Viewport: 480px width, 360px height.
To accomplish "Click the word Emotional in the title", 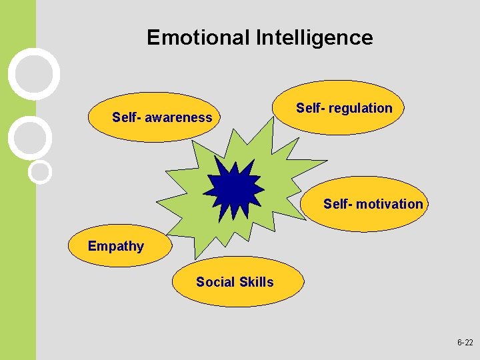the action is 198,37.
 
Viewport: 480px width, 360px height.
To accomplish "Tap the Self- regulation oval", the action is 341,108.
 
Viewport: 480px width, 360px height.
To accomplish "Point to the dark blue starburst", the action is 234,190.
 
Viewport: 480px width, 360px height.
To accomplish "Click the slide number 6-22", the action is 465,342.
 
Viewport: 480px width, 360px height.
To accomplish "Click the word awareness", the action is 179,118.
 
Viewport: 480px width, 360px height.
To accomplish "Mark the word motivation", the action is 389,204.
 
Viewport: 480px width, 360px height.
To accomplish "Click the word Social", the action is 215,282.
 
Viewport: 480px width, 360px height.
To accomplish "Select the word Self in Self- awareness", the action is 124,118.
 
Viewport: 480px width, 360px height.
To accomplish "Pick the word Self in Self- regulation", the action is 308,108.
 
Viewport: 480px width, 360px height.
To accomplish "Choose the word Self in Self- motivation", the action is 335,204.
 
